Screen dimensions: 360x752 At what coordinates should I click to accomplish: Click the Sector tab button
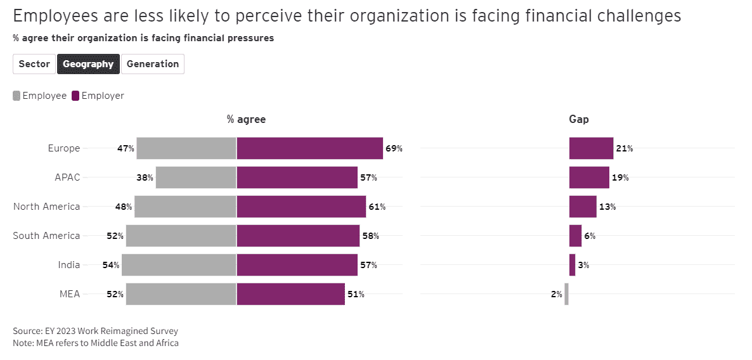pyautogui.click(x=34, y=64)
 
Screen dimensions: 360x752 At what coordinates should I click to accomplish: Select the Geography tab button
pyautogui.click(x=88, y=64)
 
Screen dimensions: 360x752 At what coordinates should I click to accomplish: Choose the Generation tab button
pyautogui.click(x=153, y=64)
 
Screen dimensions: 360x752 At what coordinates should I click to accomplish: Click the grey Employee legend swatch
pyautogui.click(x=16, y=96)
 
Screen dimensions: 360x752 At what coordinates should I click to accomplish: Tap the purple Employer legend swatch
pyautogui.click(x=75, y=96)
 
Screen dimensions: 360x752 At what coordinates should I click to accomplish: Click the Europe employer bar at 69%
pyautogui.click(x=309, y=148)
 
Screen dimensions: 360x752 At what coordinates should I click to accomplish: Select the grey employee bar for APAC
pyautogui.click(x=196, y=177)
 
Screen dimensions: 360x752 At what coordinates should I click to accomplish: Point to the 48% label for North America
pyautogui.click(x=124, y=207)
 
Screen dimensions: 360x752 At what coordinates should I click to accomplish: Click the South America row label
pyautogui.click(x=46, y=236)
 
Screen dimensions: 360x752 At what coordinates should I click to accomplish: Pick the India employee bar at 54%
pyautogui.click(x=179, y=265)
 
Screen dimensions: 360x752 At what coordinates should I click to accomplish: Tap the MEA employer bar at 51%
pyautogui.click(x=290, y=294)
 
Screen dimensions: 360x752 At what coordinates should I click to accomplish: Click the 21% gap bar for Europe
pyautogui.click(x=591, y=148)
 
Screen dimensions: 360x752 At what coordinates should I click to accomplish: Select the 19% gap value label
pyautogui.click(x=620, y=177)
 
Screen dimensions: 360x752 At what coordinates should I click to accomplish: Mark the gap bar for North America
pyautogui.click(x=583, y=207)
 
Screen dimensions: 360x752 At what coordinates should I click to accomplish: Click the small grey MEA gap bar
pyautogui.click(x=566, y=294)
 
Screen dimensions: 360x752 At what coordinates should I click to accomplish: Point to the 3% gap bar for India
pyautogui.click(x=572, y=265)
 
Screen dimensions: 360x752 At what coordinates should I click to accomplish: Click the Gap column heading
pyautogui.click(x=579, y=119)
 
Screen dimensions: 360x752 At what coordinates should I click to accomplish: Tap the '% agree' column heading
pyautogui.click(x=247, y=119)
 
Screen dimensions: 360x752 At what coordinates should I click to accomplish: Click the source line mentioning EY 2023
pyautogui.click(x=95, y=331)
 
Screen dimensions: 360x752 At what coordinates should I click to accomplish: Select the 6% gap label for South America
pyautogui.click(x=590, y=236)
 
